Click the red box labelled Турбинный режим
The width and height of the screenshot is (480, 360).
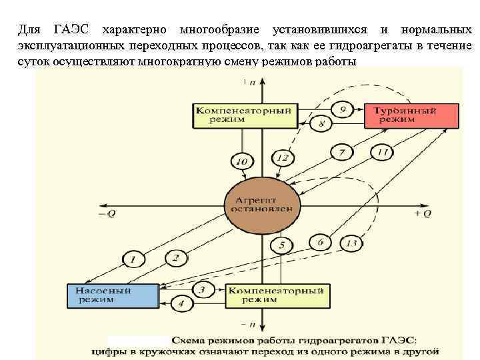pyautogui.click(x=411, y=115)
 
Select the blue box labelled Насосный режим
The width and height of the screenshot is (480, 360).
pyautogui.click(x=112, y=295)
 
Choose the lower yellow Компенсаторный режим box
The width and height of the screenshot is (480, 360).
pyautogui.click(x=277, y=295)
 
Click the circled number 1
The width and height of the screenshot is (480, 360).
pyautogui.click(x=133, y=259)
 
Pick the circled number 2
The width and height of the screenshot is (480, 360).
pyautogui.click(x=175, y=257)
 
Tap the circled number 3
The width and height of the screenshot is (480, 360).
pyautogui.click(x=203, y=289)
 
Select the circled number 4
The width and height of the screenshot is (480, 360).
pyautogui.click(x=181, y=304)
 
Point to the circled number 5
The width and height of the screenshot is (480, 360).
pyautogui.click(x=283, y=246)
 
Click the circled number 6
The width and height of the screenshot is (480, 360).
pyautogui.click(x=321, y=242)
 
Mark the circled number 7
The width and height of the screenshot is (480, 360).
pyautogui.click(x=342, y=153)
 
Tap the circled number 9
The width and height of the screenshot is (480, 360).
pyautogui.click(x=343, y=109)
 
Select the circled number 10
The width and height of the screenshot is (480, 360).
pyautogui.click(x=241, y=161)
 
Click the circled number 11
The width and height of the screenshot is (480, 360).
pyautogui.click(x=382, y=153)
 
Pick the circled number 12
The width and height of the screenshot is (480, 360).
pyautogui.click(x=283, y=158)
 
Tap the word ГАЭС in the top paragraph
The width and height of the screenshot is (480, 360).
pyautogui.click(x=71, y=29)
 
